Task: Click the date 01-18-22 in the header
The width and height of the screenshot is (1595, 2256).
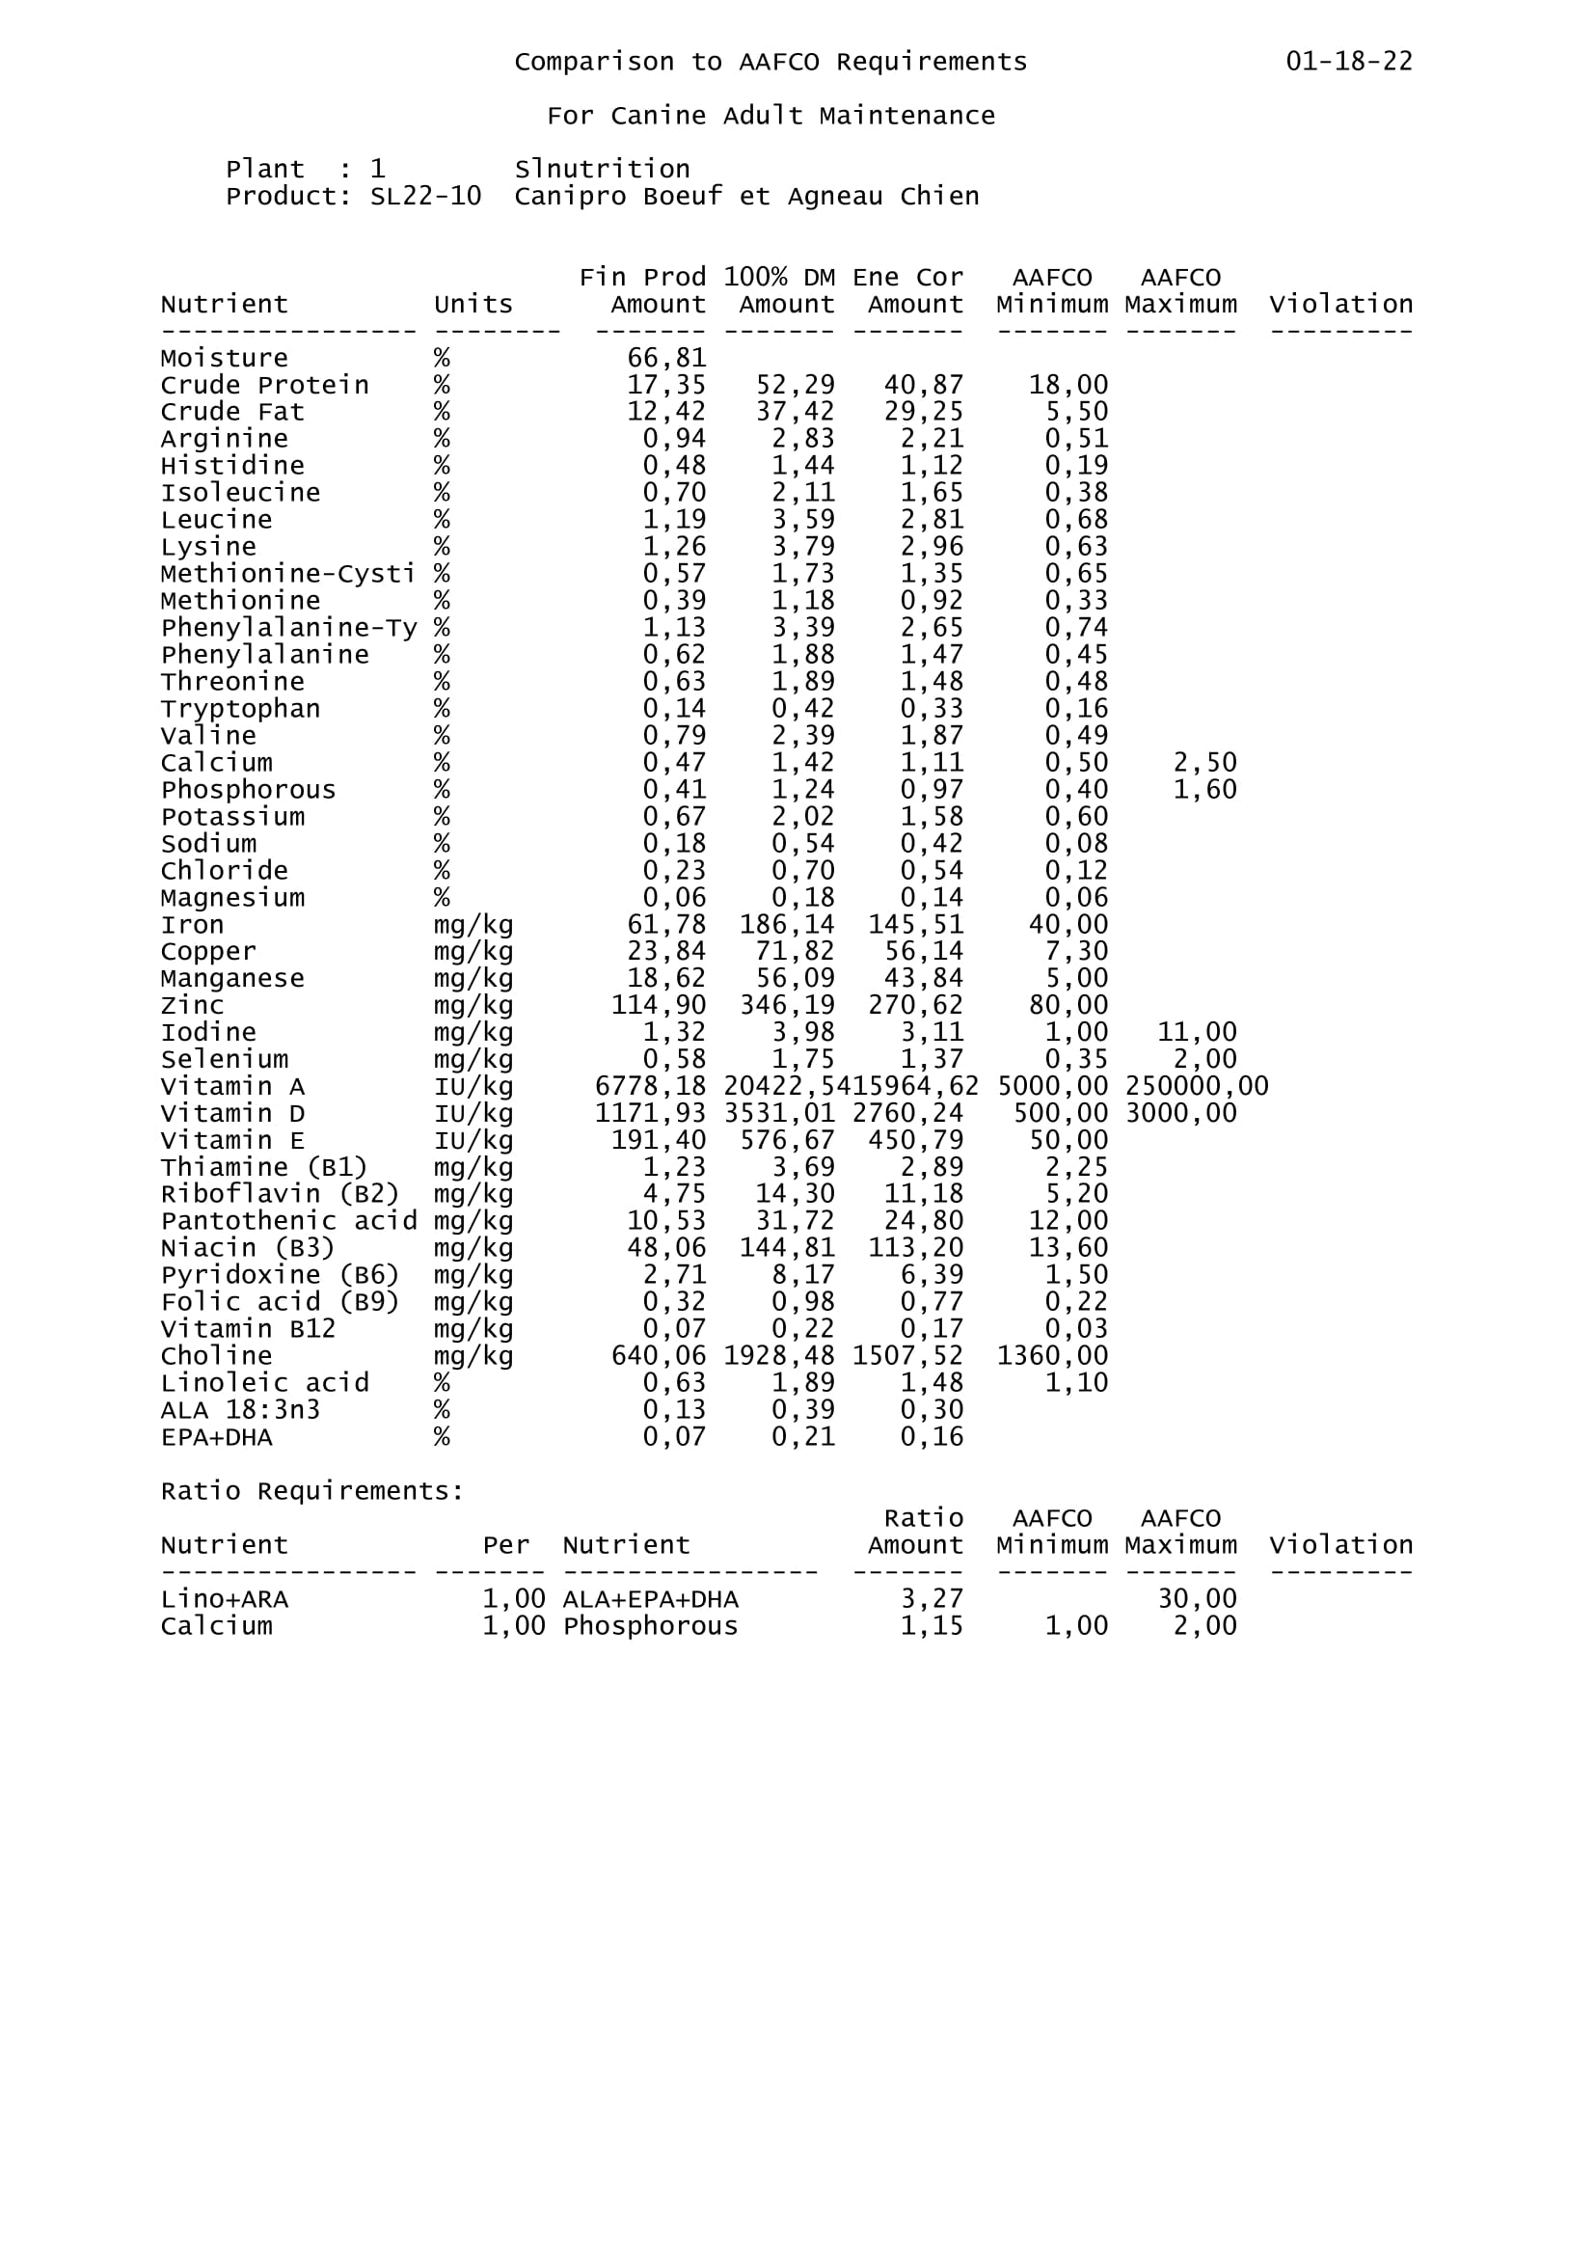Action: pyautogui.click(x=1348, y=62)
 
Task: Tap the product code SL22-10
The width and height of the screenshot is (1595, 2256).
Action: pyautogui.click(x=425, y=197)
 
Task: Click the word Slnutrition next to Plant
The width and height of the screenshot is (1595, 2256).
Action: pyautogui.click(x=602, y=169)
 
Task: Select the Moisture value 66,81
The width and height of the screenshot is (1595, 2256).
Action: pyautogui.click(x=666, y=359)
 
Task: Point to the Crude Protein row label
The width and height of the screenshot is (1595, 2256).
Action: pyautogui.click(x=265, y=385)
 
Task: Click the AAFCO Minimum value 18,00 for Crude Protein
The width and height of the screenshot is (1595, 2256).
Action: pyautogui.click(x=1068, y=385)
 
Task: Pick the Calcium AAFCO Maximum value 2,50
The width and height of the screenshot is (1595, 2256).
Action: pyautogui.click(x=1204, y=764)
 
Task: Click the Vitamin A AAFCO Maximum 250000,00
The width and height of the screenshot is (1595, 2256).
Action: pyautogui.click(x=1196, y=1087)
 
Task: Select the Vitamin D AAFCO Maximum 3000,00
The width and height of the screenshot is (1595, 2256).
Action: pyautogui.click(x=1180, y=1113)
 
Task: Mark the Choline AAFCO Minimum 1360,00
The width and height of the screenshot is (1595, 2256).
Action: pyautogui.click(x=1052, y=1356)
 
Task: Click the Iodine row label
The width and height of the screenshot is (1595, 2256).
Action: pyautogui.click(x=208, y=1033)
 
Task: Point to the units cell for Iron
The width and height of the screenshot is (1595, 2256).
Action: pyautogui.click(x=473, y=925)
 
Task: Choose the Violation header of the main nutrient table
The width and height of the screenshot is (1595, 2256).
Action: pyautogui.click(x=1340, y=305)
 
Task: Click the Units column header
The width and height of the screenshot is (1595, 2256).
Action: pyautogui.click(x=473, y=305)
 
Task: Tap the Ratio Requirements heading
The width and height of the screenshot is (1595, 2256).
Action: pyautogui.click(x=312, y=1491)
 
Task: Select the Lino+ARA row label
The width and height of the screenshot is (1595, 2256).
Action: pyautogui.click(x=225, y=1599)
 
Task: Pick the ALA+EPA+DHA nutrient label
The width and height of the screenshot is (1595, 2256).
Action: pyautogui.click(x=650, y=1599)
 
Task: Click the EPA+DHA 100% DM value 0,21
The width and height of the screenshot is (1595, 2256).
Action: pyautogui.click(x=802, y=1437)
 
